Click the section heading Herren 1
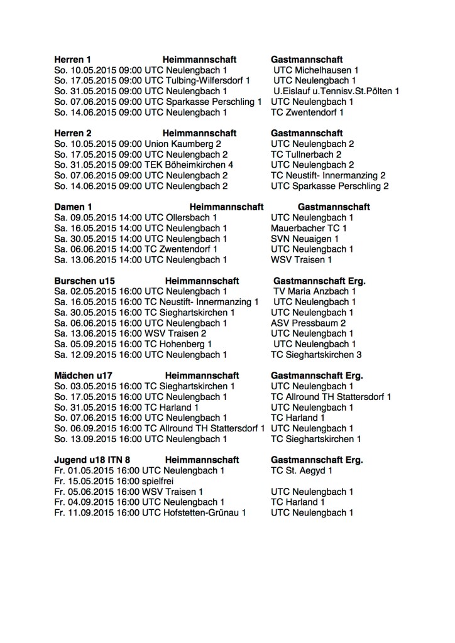click(73, 60)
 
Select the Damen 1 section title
click(73, 207)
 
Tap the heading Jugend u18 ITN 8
click(93, 460)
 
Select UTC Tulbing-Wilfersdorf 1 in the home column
click(197, 81)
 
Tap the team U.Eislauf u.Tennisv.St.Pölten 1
click(336, 91)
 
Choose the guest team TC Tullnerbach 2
click(306, 154)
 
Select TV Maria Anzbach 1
click(315, 291)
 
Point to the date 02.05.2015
click(96, 291)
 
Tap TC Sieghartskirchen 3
click(316, 355)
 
